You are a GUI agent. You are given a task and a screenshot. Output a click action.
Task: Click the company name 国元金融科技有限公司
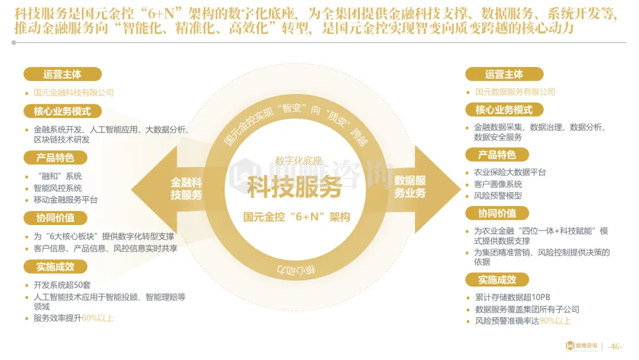73,92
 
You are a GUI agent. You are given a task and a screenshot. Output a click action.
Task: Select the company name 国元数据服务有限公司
515,92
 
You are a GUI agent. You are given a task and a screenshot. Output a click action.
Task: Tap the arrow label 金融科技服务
186,188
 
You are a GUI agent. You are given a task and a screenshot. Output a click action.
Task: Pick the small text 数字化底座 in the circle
299,160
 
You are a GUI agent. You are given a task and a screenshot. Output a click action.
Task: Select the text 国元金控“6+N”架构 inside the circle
296,217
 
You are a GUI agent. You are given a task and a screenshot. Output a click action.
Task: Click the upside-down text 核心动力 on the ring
296,270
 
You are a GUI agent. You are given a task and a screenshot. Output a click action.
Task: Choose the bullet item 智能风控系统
58,188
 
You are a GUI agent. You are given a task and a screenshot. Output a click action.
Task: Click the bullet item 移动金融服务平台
66,200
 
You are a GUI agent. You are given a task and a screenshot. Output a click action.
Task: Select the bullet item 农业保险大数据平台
510,172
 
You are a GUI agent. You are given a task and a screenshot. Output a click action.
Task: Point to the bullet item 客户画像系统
498,184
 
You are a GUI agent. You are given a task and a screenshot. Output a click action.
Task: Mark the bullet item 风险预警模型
498,195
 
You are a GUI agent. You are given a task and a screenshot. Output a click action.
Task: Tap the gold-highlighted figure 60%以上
97,318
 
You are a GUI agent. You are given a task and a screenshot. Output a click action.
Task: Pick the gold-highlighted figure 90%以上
555,321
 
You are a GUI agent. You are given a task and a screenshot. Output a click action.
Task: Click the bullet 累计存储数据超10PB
512,297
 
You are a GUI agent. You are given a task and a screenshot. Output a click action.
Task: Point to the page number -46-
615,346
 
